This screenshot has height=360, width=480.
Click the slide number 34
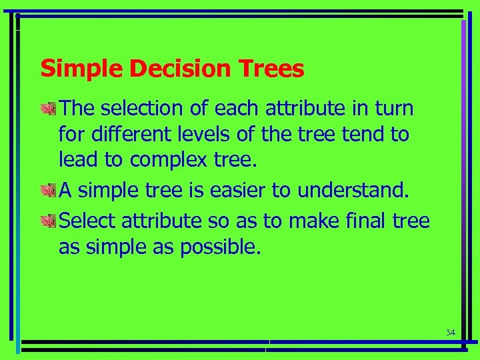point(450,332)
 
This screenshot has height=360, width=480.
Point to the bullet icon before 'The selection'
point(49,108)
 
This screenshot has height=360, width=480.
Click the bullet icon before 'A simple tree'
point(49,191)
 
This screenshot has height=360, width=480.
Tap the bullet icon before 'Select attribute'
point(49,219)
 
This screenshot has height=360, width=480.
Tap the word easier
point(235,191)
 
